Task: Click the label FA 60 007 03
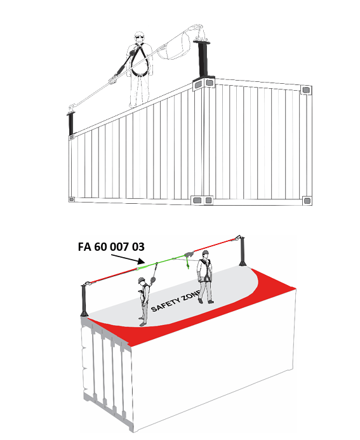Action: (111, 247)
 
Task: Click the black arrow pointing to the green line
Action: (128, 259)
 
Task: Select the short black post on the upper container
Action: (71, 123)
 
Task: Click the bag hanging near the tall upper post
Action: (177, 48)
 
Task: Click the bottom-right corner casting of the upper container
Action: (307, 201)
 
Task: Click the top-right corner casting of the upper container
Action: (306, 90)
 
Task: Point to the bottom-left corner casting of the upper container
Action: (72, 199)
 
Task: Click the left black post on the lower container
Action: (84, 301)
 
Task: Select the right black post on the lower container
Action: (242, 251)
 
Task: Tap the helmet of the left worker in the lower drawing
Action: (142, 280)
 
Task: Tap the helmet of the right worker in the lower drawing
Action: (205, 252)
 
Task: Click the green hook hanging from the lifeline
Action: (187, 264)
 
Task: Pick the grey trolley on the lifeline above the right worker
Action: (189, 254)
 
